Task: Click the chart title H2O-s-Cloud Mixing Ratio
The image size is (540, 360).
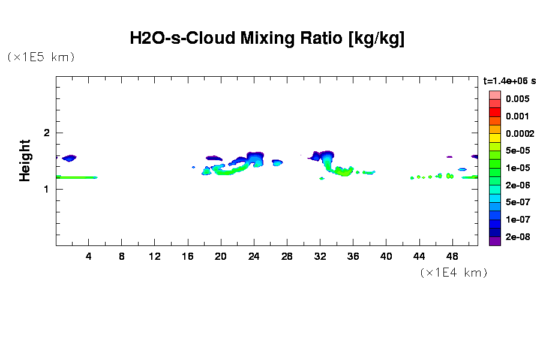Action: [267, 39]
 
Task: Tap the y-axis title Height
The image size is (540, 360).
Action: [25, 160]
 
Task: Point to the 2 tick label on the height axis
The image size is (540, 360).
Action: [46, 133]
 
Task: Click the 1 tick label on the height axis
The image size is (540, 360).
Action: [46, 189]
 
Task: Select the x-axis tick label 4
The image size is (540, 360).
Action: [89, 256]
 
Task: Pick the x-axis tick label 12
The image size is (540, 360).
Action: [155, 256]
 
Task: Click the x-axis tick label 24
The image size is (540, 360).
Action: [254, 256]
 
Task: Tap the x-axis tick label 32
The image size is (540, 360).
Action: [320, 256]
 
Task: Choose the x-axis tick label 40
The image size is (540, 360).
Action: [386, 256]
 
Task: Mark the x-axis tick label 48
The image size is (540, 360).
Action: [452, 256]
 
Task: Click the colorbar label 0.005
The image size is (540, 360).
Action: [517, 98]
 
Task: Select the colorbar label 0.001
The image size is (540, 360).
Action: [517, 116]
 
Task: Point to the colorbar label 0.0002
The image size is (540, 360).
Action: [519, 133]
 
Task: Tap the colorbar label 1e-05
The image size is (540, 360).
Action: [517, 167]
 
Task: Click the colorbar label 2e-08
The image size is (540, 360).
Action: [517, 237]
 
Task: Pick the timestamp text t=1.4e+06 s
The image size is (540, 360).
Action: [509, 80]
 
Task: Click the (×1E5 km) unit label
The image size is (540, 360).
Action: [41, 57]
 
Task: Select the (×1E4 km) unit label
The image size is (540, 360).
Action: [453, 272]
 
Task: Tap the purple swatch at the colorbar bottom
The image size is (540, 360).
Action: [494, 242]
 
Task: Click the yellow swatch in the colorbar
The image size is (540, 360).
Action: [494, 137]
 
